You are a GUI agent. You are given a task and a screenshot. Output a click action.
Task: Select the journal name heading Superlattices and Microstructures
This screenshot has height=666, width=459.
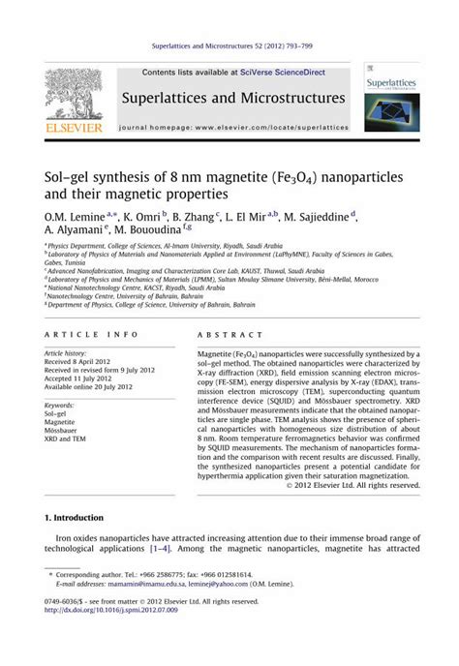[x=233, y=99]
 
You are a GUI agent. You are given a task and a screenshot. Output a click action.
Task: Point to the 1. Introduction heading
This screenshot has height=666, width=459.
[x=83, y=520]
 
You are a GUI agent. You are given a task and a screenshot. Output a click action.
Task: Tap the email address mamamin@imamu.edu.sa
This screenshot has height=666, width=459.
[x=126, y=585]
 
